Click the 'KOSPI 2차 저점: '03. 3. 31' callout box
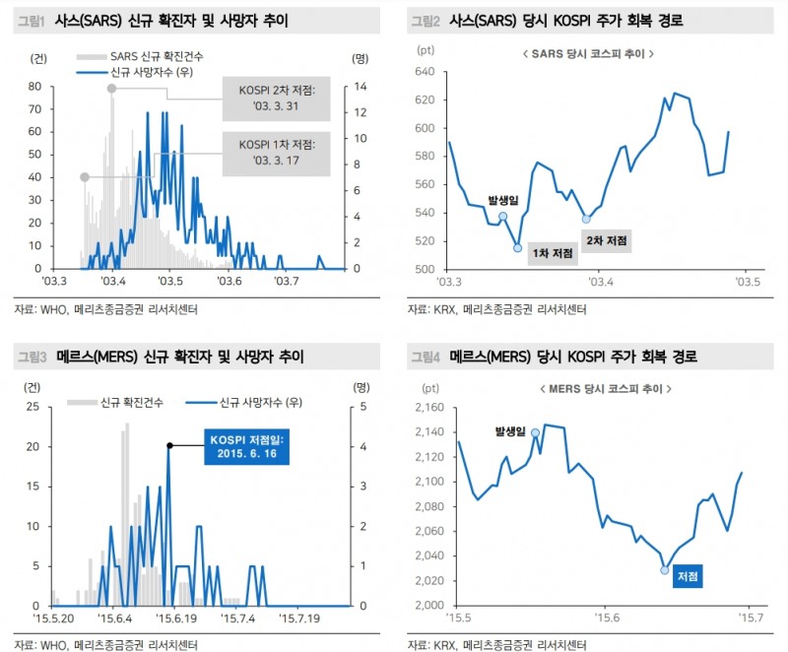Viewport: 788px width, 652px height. coord(276,98)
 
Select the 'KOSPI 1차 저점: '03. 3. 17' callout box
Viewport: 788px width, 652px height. coord(276,153)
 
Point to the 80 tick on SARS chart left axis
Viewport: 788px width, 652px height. coord(34,86)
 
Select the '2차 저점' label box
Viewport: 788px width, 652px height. coord(607,240)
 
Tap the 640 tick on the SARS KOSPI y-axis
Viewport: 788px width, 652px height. coord(426,72)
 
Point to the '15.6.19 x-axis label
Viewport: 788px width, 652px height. coord(173,618)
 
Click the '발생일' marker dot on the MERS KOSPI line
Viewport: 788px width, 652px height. coord(535,432)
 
